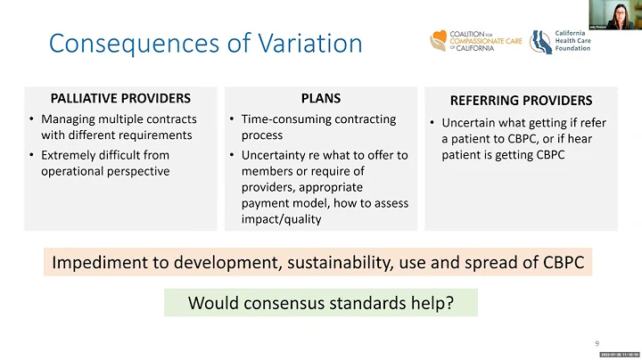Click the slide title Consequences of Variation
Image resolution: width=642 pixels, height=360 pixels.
[205, 44]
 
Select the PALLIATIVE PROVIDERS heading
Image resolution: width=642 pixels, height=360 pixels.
[121, 98]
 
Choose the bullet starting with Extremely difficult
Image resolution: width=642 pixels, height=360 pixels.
[111, 162]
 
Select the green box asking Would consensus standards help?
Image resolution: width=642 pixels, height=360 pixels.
[320, 303]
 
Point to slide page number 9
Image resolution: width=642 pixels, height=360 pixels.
[597, 343]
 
